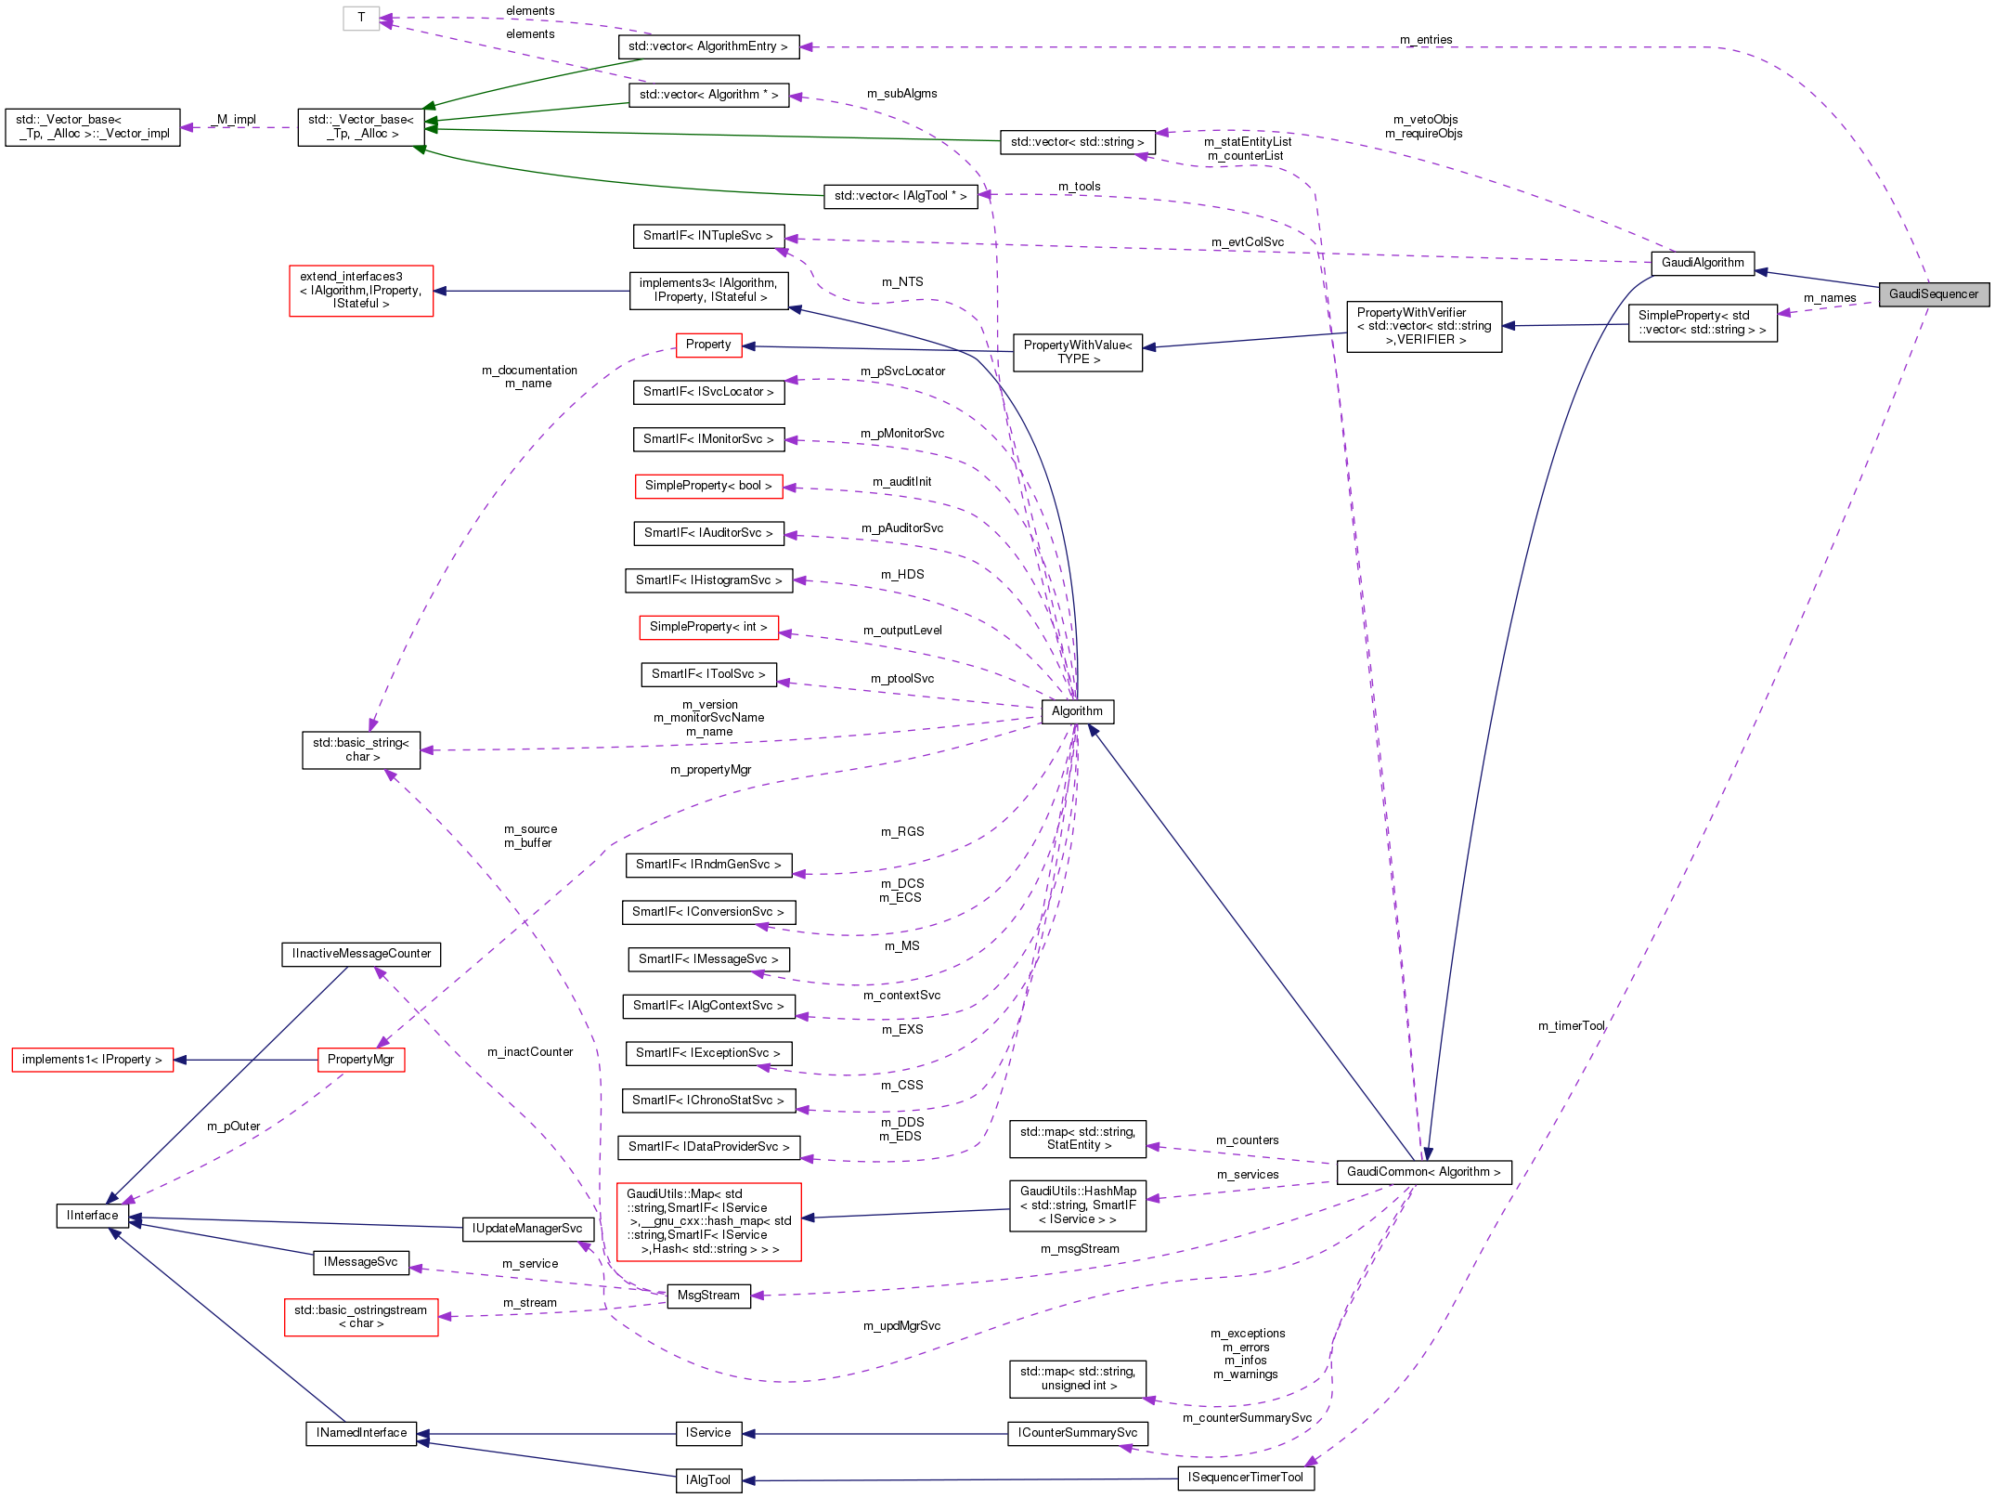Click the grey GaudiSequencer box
click(x=1933, y=294)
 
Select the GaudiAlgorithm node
click(x=1702, y=263)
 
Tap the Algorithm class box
click(x=1077, y=711)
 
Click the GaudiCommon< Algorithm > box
click(x=1423, y=1172)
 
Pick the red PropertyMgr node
click(x=360, y=1060)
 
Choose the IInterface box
click(x=92, y=1216)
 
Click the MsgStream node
click(x=708, y=1296)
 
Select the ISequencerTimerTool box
click(x=1245, y=1478)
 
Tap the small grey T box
click(x=361, y=18)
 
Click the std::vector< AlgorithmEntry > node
click(x=707, y=46)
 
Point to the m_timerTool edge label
click(x=1571, y=1026)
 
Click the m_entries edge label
click(x=1426, y=40)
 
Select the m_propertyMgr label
click(x=710, y=770)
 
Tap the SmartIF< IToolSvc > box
click(x=708, y=674)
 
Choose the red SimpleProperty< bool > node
click(x=708, y=486)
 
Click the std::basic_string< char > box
click(x=360, y=749)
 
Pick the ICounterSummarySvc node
click(x=1077, y=1433)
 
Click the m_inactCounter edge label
click(x=530, y=1052)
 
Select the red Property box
click(x=708, y=345)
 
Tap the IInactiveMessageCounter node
click(x=361, y=954)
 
